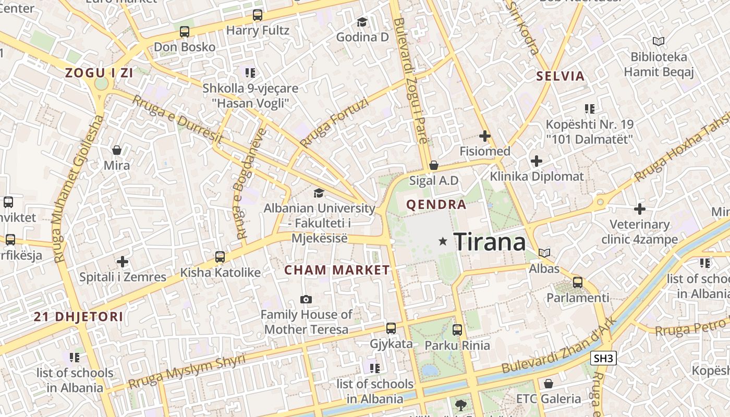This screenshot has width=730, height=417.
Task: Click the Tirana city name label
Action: pyautogui.click(x=490, y=242)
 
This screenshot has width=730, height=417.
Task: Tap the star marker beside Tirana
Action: pyautogui.click(x=443, y=241)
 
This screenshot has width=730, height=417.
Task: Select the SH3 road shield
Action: pyautogui.click(x=604, y=358)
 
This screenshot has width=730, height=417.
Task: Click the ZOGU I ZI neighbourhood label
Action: pyautogui.click(x=99, y=73)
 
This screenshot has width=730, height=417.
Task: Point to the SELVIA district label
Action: pyautogui.click(x=561, y=76)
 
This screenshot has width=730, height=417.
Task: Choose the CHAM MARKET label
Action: pyautogui.click(x=337, y=270)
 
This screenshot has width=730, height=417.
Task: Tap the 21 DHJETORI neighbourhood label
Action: pyautogui.click(x=79, y=316)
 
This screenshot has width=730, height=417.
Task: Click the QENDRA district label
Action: pyautogui.click(x=436, y=204)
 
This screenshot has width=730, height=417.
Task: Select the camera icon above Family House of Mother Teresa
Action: pyautogui.click(x=306, y=299)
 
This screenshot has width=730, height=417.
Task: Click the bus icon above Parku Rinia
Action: pyautogui.click(x=457, y=329)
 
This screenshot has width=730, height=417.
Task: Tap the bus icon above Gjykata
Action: pyautogui.click(x=391, y=328)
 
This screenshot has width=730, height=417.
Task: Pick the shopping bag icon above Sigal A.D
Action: pyautogui.click(x=433, y=165)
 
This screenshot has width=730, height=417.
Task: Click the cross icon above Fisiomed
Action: pyautogui.click(x=485, y=136)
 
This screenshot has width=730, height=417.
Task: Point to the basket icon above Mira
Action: pyautogui.click(x=117, y=150)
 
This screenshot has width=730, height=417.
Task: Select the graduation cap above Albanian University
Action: pyautogui.click(x=319, y=193)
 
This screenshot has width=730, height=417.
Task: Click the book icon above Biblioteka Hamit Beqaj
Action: pyautogui.click(x=659, y=41)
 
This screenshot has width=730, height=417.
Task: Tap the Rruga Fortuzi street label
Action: pyautogui.click(x=334, y=123)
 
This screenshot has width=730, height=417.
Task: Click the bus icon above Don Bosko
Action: pyautogui.click(x=184, y=32)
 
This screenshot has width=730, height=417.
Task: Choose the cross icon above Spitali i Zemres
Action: pyautogui.click(x=123, y=261)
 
